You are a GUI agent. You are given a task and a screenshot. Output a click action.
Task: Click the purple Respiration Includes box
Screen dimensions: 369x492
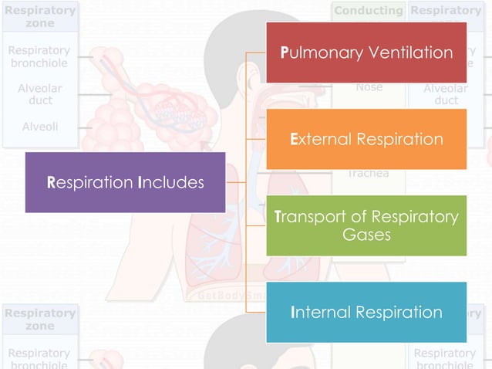click(125, 182)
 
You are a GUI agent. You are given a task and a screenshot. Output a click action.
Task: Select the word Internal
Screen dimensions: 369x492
click(320, 313)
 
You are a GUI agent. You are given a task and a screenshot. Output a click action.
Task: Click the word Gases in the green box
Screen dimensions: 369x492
click(366, 234)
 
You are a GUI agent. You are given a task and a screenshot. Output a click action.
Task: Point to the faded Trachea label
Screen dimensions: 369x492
click(369, 173)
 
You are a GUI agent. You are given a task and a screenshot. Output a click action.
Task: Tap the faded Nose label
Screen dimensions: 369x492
click(369, 87)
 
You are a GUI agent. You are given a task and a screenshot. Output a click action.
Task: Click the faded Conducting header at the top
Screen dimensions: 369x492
click(369, 11)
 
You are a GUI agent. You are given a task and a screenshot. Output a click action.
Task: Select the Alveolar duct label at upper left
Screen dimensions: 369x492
click(40, 94)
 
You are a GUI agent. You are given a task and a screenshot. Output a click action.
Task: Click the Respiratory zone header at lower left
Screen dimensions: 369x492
click(40, 320)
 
